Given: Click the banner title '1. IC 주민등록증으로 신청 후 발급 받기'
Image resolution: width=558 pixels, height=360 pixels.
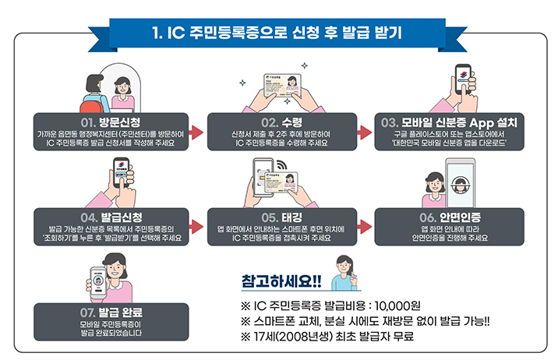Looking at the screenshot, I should point(278,33).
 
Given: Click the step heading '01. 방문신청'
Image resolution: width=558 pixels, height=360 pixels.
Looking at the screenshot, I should point(109,123).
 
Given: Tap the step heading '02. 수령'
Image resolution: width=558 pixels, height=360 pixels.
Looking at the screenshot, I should point(279,123).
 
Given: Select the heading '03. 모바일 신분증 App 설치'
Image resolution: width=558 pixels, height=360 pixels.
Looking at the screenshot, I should point(450,123).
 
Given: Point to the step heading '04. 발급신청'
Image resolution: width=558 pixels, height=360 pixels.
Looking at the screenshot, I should point(109,217).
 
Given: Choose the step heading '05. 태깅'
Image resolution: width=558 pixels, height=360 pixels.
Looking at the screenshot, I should point(279,217).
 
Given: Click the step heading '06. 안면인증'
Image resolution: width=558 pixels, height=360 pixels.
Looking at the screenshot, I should point(450,217).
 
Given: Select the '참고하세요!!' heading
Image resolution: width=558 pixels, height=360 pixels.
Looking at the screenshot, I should point(281,280).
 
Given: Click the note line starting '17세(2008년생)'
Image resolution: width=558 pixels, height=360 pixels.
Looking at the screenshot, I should point(327,337).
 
